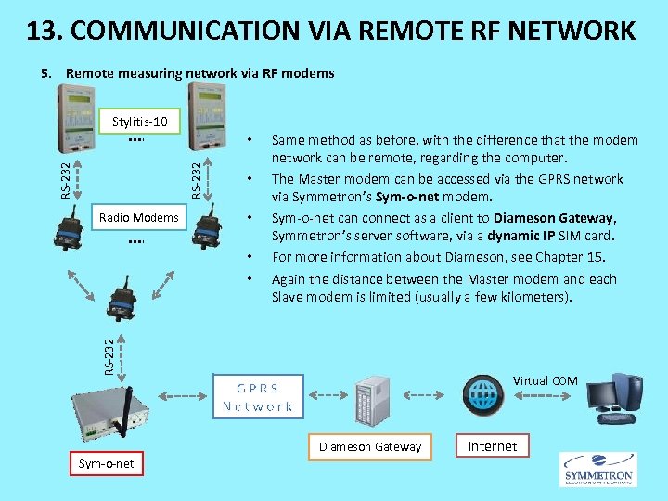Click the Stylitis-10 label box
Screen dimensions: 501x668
coord(139,122)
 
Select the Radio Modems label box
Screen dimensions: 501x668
coord(138,218)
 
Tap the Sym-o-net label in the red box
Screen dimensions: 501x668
coord(107,463)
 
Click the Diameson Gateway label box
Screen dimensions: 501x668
coord(370,446)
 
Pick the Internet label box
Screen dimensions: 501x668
coord(492,446)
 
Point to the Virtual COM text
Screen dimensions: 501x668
coord(545,380)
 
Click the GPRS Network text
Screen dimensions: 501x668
coord(257,397)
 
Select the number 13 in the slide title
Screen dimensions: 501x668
coord(42,31)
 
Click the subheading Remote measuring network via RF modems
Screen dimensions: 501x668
coord(199,73)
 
